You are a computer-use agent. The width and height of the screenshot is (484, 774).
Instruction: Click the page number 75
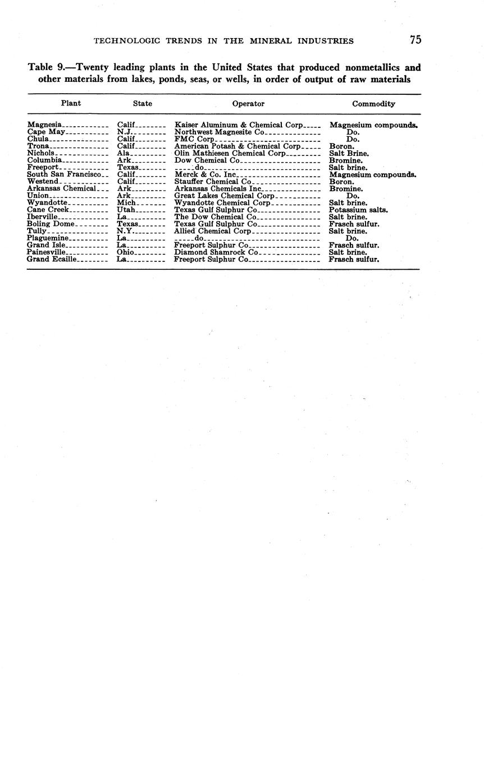tap(415, 40)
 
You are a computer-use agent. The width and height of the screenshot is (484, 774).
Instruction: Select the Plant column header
tap(71, 103)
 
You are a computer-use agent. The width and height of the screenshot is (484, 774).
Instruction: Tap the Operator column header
tap(248, 104)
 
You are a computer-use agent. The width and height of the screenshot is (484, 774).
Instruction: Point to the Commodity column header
tap(373, 104)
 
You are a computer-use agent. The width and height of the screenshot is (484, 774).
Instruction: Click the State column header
tap(142, 104)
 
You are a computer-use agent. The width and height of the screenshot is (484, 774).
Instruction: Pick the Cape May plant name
tap(47, 132)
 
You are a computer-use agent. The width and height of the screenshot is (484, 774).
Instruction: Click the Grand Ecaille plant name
tap(52, 260)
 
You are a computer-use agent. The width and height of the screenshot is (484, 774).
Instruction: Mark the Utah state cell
tap(126, 210)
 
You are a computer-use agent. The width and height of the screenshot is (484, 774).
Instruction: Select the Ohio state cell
tap(125, 252)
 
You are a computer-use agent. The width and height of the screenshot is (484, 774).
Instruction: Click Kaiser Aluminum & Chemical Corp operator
tap(239, 125)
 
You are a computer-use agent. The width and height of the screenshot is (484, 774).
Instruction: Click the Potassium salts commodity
tap(358, 210)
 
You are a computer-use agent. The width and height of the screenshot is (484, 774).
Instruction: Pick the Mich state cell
tap(126, 202)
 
